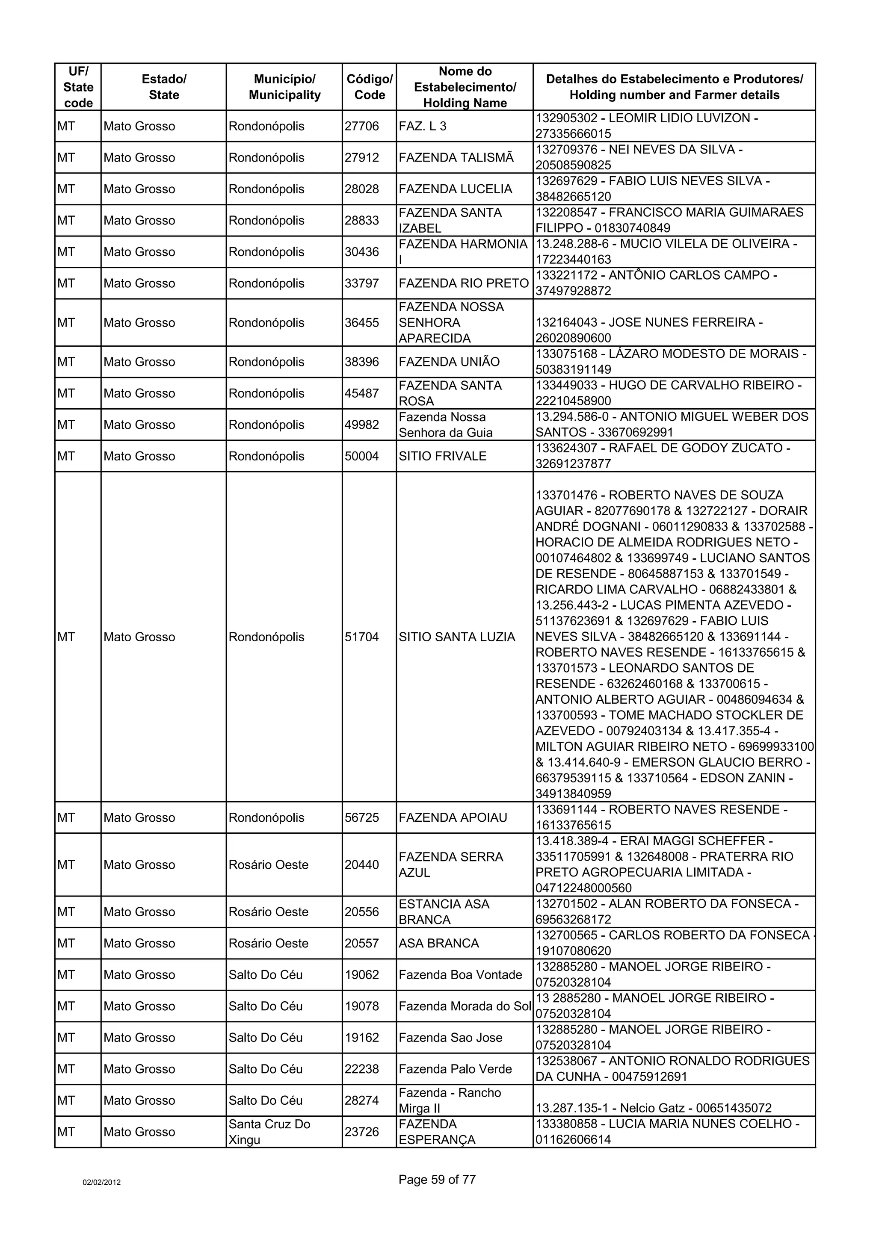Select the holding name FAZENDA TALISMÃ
click(456, 158)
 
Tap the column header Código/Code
click(369, 87)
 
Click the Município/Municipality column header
click(284, 87)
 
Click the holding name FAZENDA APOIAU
click(453, 817)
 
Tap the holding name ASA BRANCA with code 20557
click(439, 943)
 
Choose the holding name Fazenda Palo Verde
click(456, 1069)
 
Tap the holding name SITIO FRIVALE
click(443, 456)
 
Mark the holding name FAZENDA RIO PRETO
click(464, 283)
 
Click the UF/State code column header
click(78, 87)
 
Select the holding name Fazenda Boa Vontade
click(460, 975)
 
